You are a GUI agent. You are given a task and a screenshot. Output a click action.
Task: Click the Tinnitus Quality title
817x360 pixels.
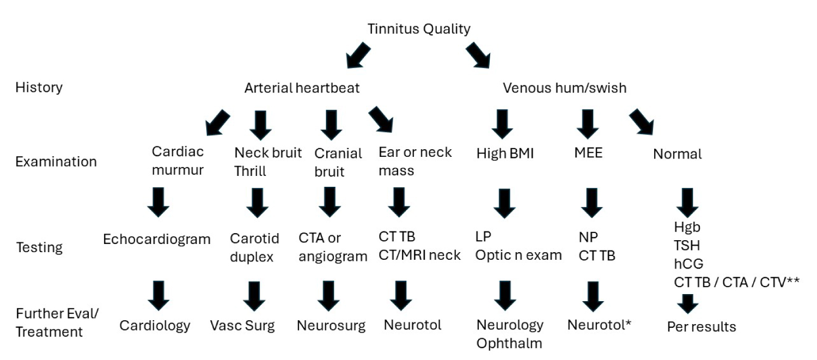click(418, 29)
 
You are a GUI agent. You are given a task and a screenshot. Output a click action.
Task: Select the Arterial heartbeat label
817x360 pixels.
click(302, 87)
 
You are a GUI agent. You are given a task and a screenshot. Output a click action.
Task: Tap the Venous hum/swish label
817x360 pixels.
click(564, 87)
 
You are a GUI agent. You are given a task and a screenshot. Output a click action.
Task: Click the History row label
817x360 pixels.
click(39, 87)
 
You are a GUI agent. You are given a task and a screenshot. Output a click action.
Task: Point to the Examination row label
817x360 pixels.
click(56, 162)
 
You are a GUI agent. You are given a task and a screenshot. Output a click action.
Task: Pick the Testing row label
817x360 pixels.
click(39, 247)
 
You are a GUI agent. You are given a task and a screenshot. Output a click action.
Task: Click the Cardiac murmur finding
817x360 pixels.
click(178, 161)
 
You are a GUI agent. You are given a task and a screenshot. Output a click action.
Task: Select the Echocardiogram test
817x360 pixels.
click(157, 239)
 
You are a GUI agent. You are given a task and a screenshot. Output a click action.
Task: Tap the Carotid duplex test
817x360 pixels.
click(254, 247)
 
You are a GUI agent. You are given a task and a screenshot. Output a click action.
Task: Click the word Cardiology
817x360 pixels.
click(155, 325)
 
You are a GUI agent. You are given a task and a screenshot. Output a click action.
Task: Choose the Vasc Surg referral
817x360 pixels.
click(242, 326)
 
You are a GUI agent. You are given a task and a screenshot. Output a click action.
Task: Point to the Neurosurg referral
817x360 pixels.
click(331, 326)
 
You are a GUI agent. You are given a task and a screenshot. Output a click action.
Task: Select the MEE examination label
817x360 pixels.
click(588, 154)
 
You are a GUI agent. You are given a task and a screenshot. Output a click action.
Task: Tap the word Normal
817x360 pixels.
click(677, 154)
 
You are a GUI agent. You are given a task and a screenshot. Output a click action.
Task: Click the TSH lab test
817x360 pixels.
click(686, 245)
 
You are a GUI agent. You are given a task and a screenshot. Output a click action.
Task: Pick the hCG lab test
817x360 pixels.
click(688, 264)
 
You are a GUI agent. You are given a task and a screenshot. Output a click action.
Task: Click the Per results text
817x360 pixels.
click(702, 327)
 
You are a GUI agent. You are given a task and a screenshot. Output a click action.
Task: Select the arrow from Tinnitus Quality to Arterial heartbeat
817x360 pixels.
click(358, 56)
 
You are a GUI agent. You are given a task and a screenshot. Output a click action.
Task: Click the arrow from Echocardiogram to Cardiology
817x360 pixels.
click(158, 295)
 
